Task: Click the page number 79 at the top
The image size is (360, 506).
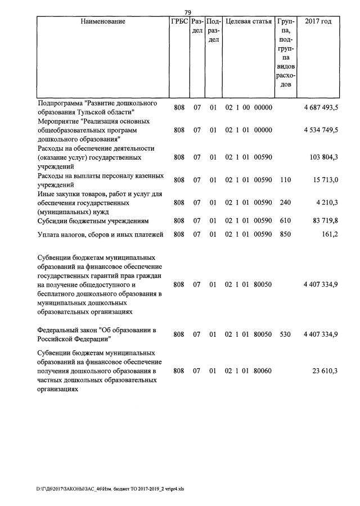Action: (x=188, y=12)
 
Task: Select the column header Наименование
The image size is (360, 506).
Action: (x=103, y=22)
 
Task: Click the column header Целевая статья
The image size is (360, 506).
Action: (x=248, y=22)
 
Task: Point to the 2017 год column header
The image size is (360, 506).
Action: (x=318, y=22)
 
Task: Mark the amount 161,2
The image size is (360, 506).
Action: (x=328, y=234)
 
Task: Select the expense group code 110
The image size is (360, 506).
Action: (x=286, y=180)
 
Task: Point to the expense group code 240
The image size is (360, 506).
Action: (x=286, y=202)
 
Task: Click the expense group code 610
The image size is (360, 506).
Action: (x=286, y=221)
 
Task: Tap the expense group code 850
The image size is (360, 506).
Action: (x=286, y=234)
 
